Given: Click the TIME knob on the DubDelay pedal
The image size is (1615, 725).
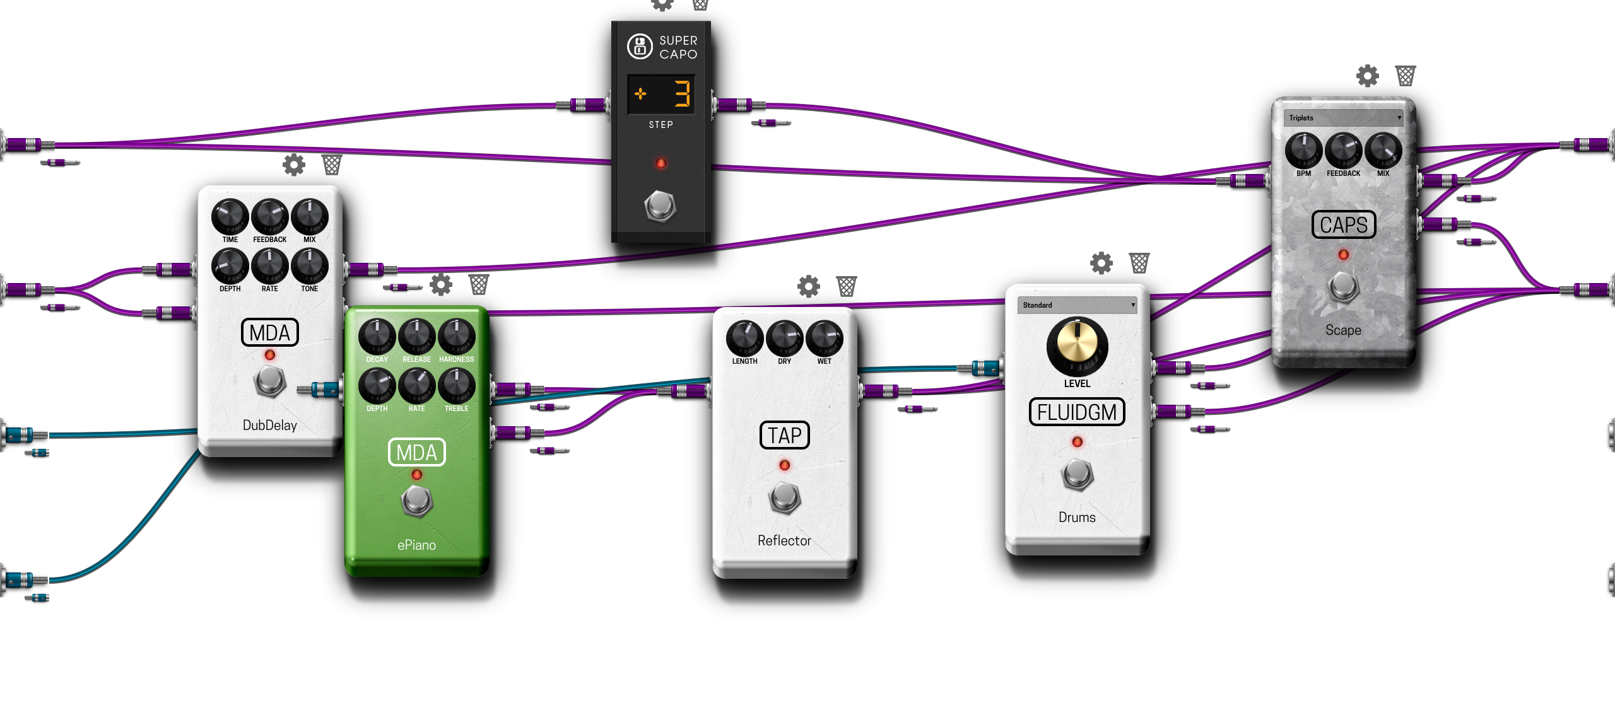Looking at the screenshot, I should (230, 216).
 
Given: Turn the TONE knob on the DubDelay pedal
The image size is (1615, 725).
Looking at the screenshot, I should (309, 265).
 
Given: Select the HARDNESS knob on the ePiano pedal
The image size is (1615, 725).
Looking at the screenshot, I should (456, 335).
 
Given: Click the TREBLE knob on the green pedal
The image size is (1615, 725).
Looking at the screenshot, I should (456, 385).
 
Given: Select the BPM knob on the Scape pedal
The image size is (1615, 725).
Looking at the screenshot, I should (1303, 150).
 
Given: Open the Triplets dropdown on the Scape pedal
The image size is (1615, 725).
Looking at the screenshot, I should (1343, 118).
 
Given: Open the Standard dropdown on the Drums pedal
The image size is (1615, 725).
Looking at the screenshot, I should (1077, 305).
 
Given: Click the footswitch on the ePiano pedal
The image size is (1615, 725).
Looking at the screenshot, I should (416, 501).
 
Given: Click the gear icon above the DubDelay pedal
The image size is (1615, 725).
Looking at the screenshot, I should (294, 165).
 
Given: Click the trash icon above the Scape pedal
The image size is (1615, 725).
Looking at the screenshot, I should (1406, 76).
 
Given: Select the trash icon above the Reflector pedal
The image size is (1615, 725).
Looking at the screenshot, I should (847, 286).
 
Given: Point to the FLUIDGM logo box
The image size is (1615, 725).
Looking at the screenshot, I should (1077, 412).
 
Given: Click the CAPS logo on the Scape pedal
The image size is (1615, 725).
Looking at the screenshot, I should (1343, 225).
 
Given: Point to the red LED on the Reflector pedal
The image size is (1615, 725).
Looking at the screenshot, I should (784, 465).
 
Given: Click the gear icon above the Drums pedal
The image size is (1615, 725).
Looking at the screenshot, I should (1101, 263).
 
